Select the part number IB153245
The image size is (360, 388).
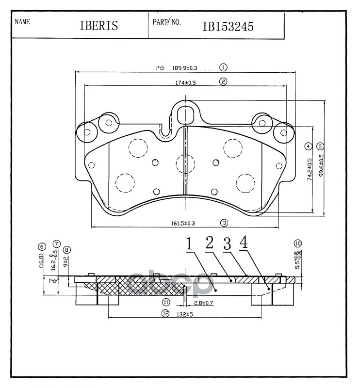tap(228, 26)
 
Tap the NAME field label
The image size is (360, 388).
tap(23, 22)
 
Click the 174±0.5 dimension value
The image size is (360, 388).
tap(185, 82)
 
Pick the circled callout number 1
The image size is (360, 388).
tap(224, 67)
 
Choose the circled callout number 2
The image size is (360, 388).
tap(224, 81)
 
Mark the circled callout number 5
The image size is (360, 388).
tap(320, 146)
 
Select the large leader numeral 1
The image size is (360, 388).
tap(190, 244)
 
